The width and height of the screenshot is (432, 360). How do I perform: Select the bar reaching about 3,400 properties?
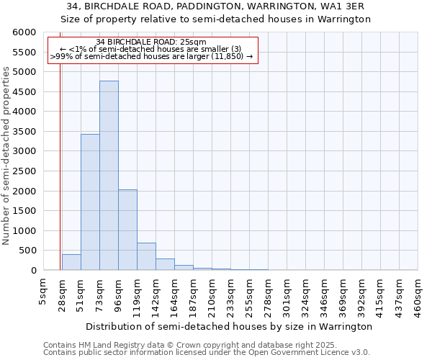click(90, 202)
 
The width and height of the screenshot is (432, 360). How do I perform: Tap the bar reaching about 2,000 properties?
click(127, 230)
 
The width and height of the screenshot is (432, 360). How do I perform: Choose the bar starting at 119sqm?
click(146, 256)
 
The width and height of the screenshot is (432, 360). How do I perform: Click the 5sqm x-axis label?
click(44, 291)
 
